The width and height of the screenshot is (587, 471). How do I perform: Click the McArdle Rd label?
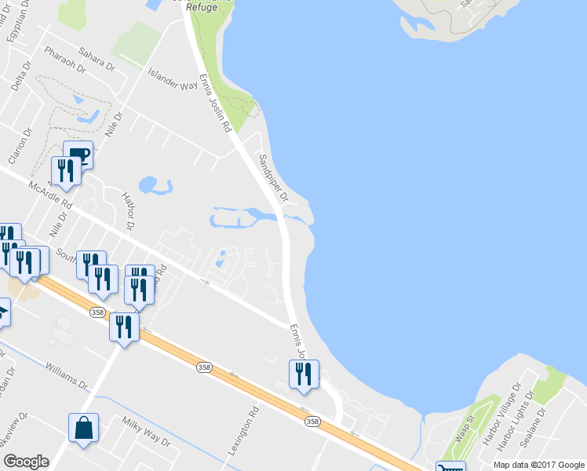50,195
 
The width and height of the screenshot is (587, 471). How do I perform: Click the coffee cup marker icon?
78,154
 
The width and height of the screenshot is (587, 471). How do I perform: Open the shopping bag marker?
83,429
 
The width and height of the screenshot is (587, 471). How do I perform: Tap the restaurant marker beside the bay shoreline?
304,374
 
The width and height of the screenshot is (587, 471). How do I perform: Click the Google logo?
26,462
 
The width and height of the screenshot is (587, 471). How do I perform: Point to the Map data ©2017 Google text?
538,465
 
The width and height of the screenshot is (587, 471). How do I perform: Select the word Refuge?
201,6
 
